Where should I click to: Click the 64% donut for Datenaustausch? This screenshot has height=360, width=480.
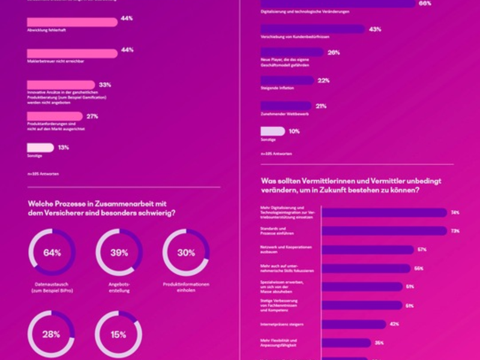[x=52, y=253]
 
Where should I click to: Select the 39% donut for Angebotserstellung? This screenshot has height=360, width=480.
[x=119, y=253]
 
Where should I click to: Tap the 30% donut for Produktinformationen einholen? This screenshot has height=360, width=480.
[x=186, y=253]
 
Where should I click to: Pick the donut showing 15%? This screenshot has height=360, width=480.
[x=119, y=334]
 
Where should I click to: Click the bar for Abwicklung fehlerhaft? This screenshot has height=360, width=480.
[x=72, y=22]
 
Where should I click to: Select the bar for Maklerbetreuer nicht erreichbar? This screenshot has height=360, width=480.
[x=72, y=53]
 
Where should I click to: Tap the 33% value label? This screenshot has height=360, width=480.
[x=105, y=85]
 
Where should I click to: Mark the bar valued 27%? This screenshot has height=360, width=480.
[x=55, y=116]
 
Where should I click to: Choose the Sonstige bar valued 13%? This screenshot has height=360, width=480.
[x=40, y=148]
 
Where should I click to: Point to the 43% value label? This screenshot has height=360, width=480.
[x=376, y=29]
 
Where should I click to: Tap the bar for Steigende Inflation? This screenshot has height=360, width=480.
[x=287, y=80]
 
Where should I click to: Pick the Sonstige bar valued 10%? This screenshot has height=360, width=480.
[x=273, y=131]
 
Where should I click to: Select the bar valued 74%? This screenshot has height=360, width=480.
[x=385, y=212]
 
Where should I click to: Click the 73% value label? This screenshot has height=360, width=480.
[x=455, y=231]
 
